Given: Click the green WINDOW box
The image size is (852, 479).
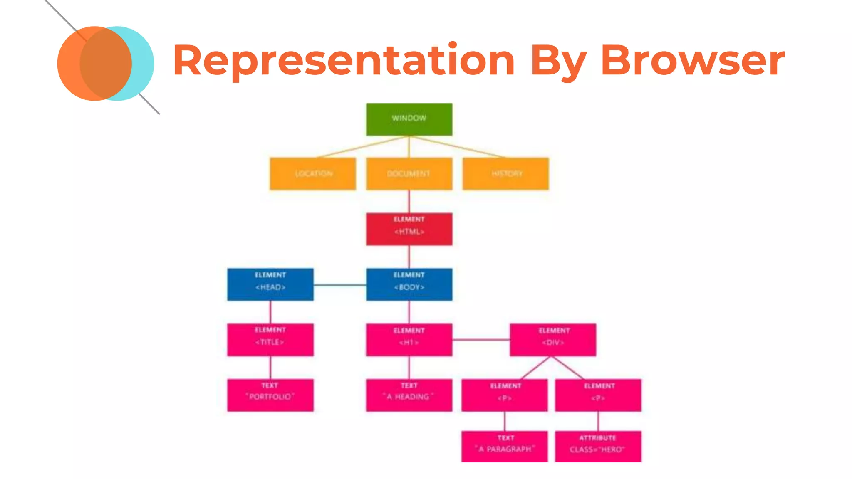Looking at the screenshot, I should (x=409, y=119).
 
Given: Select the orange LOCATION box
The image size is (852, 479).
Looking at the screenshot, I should (x=313, y=174).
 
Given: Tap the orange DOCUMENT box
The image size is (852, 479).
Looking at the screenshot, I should (x=409, y=174).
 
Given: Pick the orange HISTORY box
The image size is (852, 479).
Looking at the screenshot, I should (x=505, y=174).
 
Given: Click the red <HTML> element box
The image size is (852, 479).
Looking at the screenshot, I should (x=409, y=229).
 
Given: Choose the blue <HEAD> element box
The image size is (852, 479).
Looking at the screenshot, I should (x=270, y=284).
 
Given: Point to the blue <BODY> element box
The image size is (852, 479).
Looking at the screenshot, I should (x=409, y=284).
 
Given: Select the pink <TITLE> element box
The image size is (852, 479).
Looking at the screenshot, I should (x=270, y=340).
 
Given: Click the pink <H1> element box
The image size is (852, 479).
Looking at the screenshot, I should (x=409, y=340).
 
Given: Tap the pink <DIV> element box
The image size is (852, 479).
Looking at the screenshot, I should (x=553, y=340).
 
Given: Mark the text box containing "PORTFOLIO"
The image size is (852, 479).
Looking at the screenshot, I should (x=270, y=395).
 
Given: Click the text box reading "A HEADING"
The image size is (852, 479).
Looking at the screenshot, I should (x=409, y=395).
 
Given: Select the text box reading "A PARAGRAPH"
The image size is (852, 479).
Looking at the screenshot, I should (x=505, y=447).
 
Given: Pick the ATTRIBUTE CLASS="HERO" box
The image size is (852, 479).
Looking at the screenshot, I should (x=598, y=447).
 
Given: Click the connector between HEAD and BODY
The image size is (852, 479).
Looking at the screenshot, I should (x=339, y=285).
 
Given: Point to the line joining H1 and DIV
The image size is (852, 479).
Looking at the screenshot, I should (x=481, y=340).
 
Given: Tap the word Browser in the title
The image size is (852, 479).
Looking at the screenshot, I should (x=692, y=61).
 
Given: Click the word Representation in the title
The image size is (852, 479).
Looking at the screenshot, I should (x=344, y=61).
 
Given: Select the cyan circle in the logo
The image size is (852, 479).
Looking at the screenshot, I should (x=143, y=64).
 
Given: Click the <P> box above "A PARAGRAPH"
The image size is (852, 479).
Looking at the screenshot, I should (x=505, y=395).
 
